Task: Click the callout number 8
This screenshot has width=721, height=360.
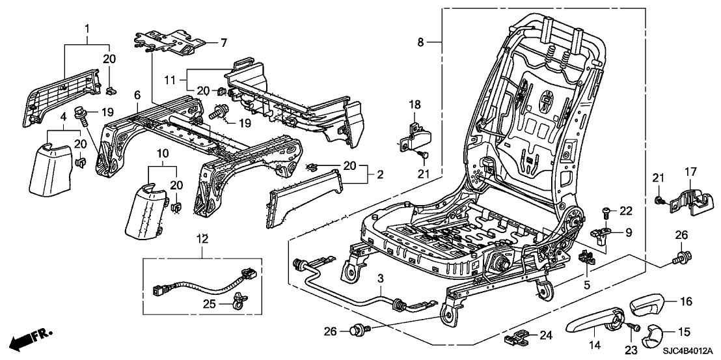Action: click(421, 42)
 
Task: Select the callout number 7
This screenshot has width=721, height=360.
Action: click(223, 43)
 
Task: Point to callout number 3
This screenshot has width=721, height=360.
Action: click(381, 278)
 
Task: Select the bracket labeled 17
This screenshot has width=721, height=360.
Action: click(687, 197)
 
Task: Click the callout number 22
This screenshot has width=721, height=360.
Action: click(625, 210)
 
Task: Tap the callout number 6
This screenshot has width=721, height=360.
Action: click(137, 95)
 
